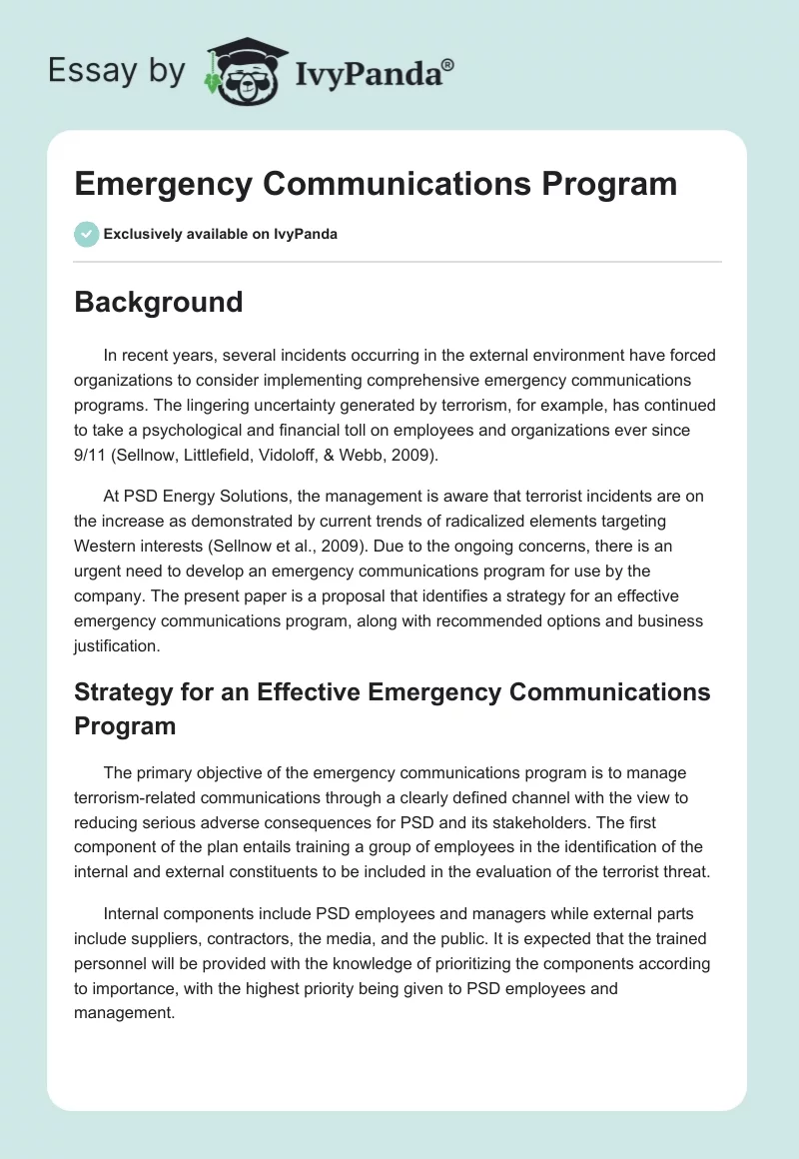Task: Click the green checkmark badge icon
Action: point(86,234)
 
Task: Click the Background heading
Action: point(159,302)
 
